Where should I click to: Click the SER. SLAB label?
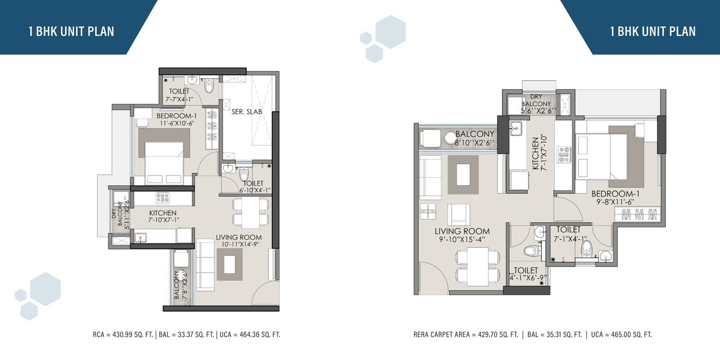point(247,112)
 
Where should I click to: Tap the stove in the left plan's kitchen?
point(162,198)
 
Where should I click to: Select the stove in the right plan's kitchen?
point(564,155)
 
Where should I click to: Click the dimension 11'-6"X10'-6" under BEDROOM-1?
point(177,123)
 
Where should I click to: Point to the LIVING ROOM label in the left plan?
point(239,238)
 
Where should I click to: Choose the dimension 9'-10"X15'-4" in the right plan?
point(462,239)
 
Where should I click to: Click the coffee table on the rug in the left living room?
point(229,264)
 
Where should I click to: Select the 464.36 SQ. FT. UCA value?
point(256,335)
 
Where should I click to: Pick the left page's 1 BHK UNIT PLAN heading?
point(72,31)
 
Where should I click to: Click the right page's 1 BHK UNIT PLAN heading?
point(653,31)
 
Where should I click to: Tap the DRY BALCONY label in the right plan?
point(536,100)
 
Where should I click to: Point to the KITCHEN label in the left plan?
point(162,213)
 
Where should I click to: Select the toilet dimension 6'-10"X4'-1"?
point(255,190)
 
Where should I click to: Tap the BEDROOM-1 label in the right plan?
point(616,194)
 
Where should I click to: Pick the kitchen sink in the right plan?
point(516,128)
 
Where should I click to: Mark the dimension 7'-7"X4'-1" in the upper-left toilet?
point(180,99)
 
